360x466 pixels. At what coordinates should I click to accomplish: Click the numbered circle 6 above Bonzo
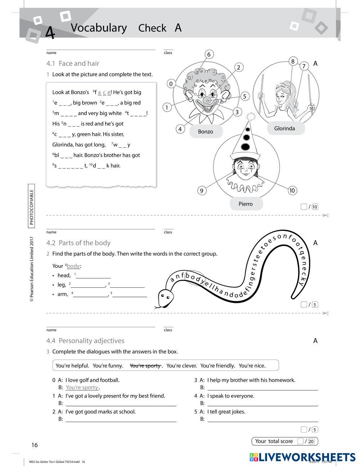pos(209,54)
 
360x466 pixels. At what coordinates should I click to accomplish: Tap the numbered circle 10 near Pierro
pos(292,191)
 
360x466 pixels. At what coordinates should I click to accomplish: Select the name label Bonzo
pos(206,132)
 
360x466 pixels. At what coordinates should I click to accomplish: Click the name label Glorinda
pos(284,129)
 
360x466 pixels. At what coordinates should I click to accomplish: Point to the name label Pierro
pos(246,204)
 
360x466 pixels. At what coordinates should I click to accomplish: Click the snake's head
pos(165,297)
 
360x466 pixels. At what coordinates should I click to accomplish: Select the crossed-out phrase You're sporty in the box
pos(145,366)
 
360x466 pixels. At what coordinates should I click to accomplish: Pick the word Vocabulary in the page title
pos(99,28)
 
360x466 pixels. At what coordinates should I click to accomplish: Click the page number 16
pos(34,445)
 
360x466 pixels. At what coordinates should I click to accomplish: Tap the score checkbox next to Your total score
pos(300,441)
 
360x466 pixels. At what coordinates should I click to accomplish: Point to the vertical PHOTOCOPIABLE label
pos(31,207)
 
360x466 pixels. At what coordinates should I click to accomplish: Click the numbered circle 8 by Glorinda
pos(293,61)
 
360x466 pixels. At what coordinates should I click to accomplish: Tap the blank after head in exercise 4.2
pos(93,275)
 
